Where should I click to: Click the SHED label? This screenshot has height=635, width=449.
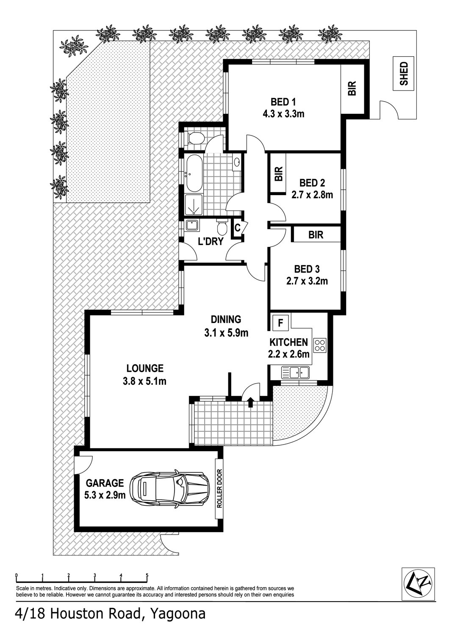[x=403, y=74]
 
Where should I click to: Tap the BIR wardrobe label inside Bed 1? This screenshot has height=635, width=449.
[x=352, y=89]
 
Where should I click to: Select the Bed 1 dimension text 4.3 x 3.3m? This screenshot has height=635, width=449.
[x=284, y=114]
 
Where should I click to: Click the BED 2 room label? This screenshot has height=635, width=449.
[x=312, y=183]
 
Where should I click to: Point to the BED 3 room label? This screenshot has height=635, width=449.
[x=307, y=268]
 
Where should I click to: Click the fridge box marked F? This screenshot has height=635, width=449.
[x=280, y=323]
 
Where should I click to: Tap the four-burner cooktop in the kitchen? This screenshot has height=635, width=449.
[x=320, y=345]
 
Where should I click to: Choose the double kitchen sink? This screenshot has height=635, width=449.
[x=295, y=372]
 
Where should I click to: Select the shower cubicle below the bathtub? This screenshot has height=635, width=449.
[x=194, y=204]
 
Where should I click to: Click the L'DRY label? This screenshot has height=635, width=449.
[x=211, y=241]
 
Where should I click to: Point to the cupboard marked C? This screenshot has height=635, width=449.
[x=238, y=227]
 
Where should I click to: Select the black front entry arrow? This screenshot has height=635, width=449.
[x=250, y=402]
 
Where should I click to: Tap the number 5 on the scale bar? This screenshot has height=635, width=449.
[x=147, y=574]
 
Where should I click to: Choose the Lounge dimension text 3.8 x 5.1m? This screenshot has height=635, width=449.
[x=145, y=381]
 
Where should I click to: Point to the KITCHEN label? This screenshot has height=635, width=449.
[x=288, y=342]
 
